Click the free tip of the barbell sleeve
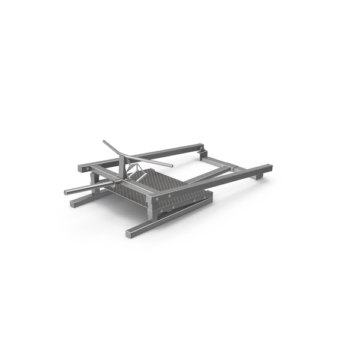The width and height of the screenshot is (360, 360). coord(66,193)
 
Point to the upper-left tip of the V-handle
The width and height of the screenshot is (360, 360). coord(104,142)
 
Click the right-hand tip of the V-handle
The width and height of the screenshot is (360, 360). coord(171,166)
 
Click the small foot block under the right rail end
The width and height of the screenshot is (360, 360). coord(259,176)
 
